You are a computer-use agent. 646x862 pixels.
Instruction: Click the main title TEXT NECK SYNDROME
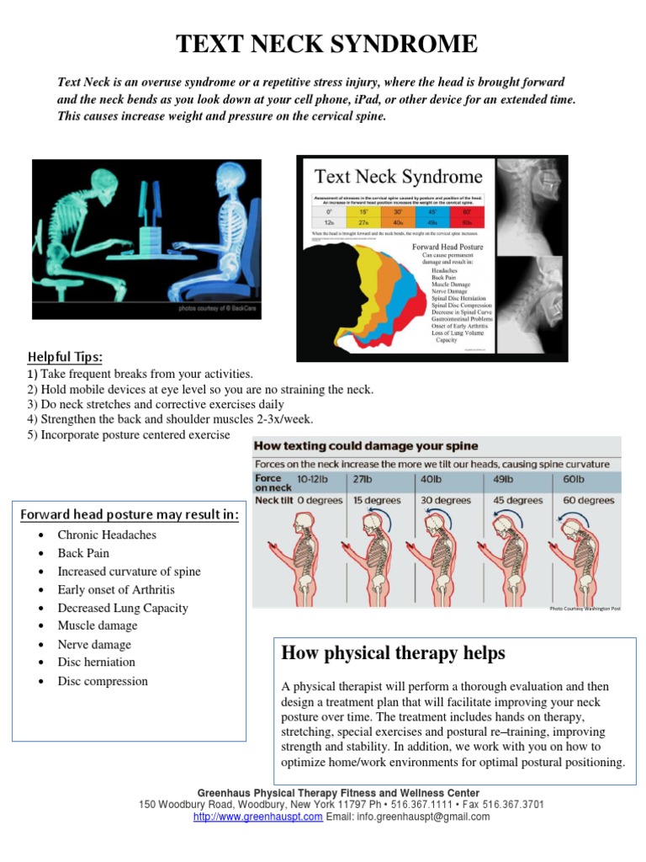point(326,44)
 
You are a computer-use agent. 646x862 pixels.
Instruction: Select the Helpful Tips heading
point(66,357)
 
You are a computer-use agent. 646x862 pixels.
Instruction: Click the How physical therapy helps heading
point(393,653)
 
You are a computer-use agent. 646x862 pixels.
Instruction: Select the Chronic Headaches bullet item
point(107,535)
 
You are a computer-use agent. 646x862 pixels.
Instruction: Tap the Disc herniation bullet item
point(96,662)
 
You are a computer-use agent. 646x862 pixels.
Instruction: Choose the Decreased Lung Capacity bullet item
point(123,608)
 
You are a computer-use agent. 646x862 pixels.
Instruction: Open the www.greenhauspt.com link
point(257,817)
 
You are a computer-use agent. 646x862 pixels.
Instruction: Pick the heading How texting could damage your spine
point(367,446)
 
